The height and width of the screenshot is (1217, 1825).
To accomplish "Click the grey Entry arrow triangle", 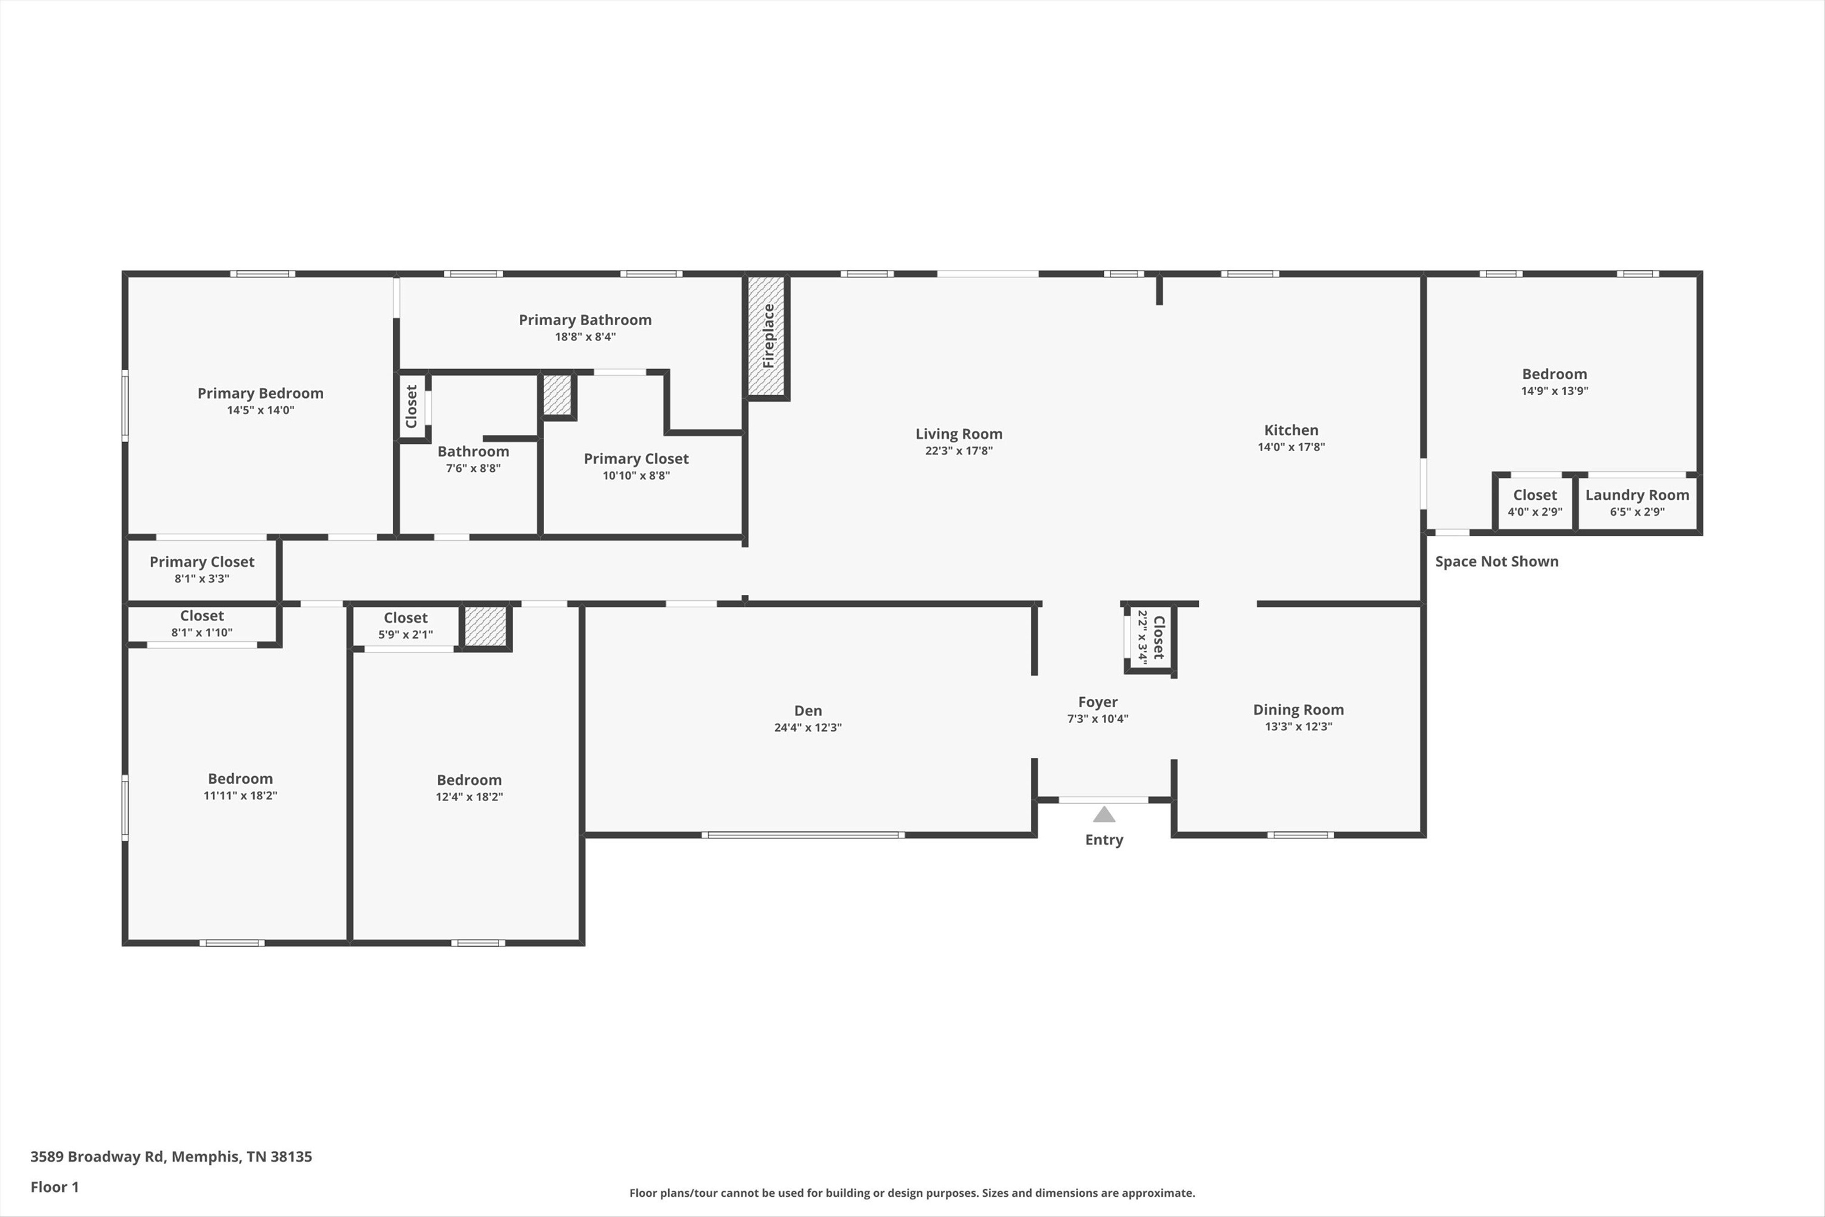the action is pos(1104,814).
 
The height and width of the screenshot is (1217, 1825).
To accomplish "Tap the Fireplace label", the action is pos(768,336).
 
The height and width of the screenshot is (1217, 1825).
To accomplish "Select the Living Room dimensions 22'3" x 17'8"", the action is pos(959,451).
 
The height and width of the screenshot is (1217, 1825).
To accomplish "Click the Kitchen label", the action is pos(1291,430).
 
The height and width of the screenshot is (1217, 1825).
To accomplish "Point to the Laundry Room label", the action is pos(1637,495).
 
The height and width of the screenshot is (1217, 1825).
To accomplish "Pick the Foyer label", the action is pos(1098,702).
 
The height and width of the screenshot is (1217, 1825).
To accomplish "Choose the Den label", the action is pos(808,711).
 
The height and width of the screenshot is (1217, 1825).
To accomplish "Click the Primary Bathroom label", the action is pos(585,320).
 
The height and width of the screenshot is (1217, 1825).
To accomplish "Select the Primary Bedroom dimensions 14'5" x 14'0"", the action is pos(261,411).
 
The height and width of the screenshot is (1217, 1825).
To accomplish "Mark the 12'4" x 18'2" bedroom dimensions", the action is pos(469,797).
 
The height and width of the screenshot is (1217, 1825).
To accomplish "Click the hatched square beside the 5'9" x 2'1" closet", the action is pos(486,626).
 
